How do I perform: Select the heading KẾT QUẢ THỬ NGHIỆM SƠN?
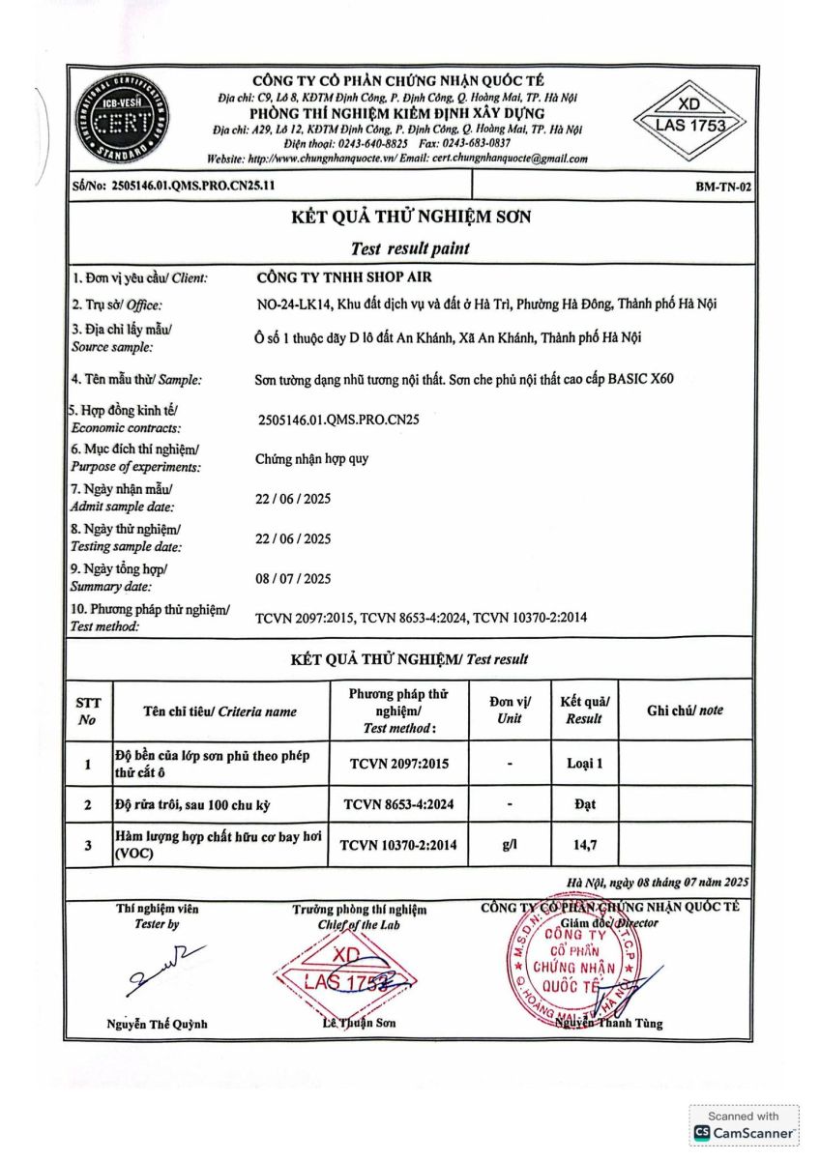[411, 217]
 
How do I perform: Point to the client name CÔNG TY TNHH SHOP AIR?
[337, 277]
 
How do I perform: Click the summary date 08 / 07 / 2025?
[293, 579]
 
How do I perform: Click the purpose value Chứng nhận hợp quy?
[311, 460]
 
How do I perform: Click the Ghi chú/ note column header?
[685, 710]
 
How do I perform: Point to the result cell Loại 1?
[584, 764]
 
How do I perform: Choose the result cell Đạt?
[584, 804]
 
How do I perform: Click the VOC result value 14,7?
[584, 845]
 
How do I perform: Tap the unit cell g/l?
[509, 845]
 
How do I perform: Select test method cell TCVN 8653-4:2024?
[398, 804]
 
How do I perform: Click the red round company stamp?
[571, 964]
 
